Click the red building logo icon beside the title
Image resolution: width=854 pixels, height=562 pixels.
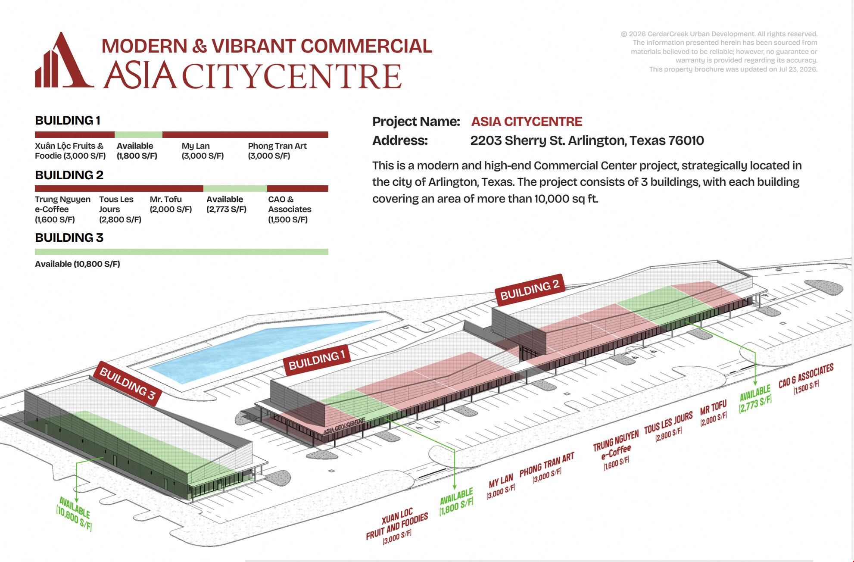[x=64, y=60]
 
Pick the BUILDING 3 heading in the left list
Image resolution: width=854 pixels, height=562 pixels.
[x=69, y=237]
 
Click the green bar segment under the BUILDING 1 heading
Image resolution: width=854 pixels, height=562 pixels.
[x=138, y=134]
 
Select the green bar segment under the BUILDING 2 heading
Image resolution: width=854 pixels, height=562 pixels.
[x=235, y=188]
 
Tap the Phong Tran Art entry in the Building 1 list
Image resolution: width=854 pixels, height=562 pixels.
[x=277, y=151]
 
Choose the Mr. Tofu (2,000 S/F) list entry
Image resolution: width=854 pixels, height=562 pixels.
[x=171, y=204]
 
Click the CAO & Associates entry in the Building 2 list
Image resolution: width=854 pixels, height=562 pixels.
[x=290, y=209]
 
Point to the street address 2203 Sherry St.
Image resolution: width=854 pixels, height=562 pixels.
[x=587, y=140]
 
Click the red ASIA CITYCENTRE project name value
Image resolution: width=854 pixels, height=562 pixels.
[x=527, y=122]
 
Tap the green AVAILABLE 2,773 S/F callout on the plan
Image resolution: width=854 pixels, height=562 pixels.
[x=756, y=399]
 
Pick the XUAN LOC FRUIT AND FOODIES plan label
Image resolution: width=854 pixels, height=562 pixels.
[x=397, y=526]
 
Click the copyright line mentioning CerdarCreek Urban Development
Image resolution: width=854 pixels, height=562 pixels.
[x=719, y=34]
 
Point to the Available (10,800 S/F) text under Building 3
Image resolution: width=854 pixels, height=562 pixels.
[x=78, y=264]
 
